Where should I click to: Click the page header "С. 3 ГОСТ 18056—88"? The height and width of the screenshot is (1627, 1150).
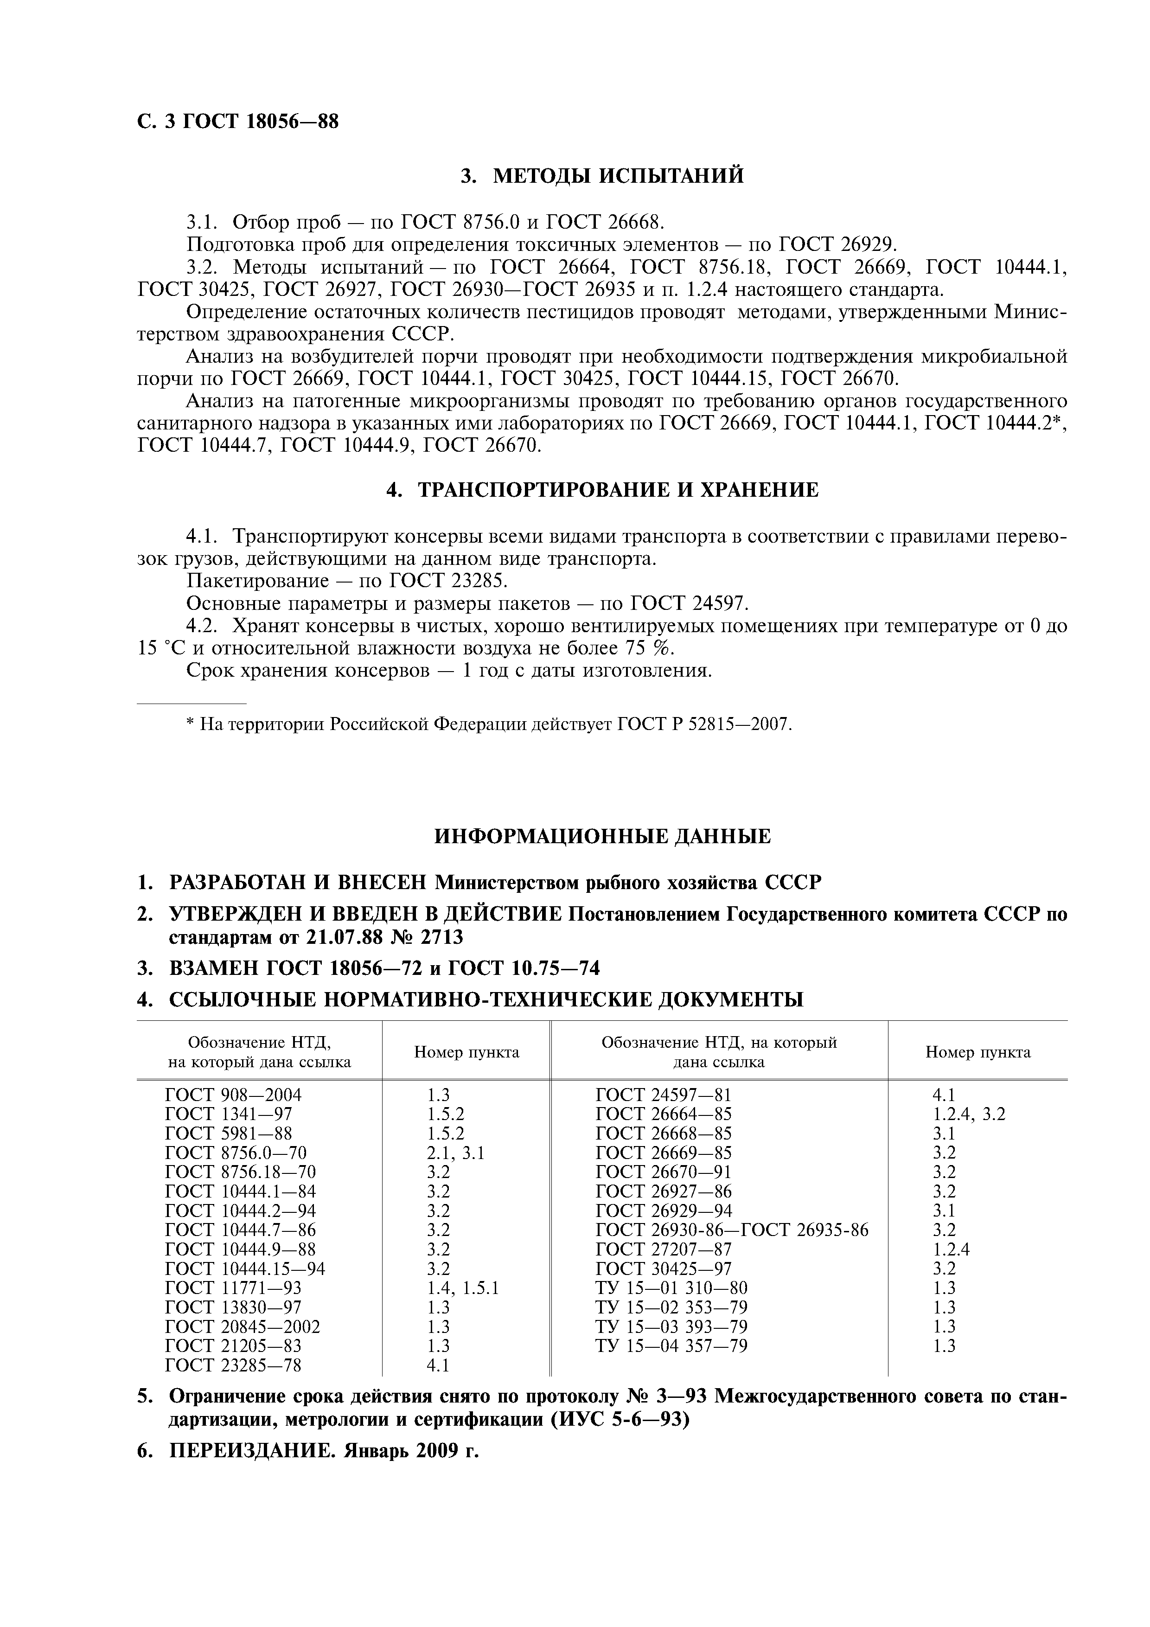238,122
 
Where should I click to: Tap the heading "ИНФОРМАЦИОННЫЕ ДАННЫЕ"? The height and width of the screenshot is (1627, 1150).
602,837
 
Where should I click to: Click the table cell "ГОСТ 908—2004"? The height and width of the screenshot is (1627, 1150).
233,1095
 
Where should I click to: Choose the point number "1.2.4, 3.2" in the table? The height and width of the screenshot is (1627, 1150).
969,1114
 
